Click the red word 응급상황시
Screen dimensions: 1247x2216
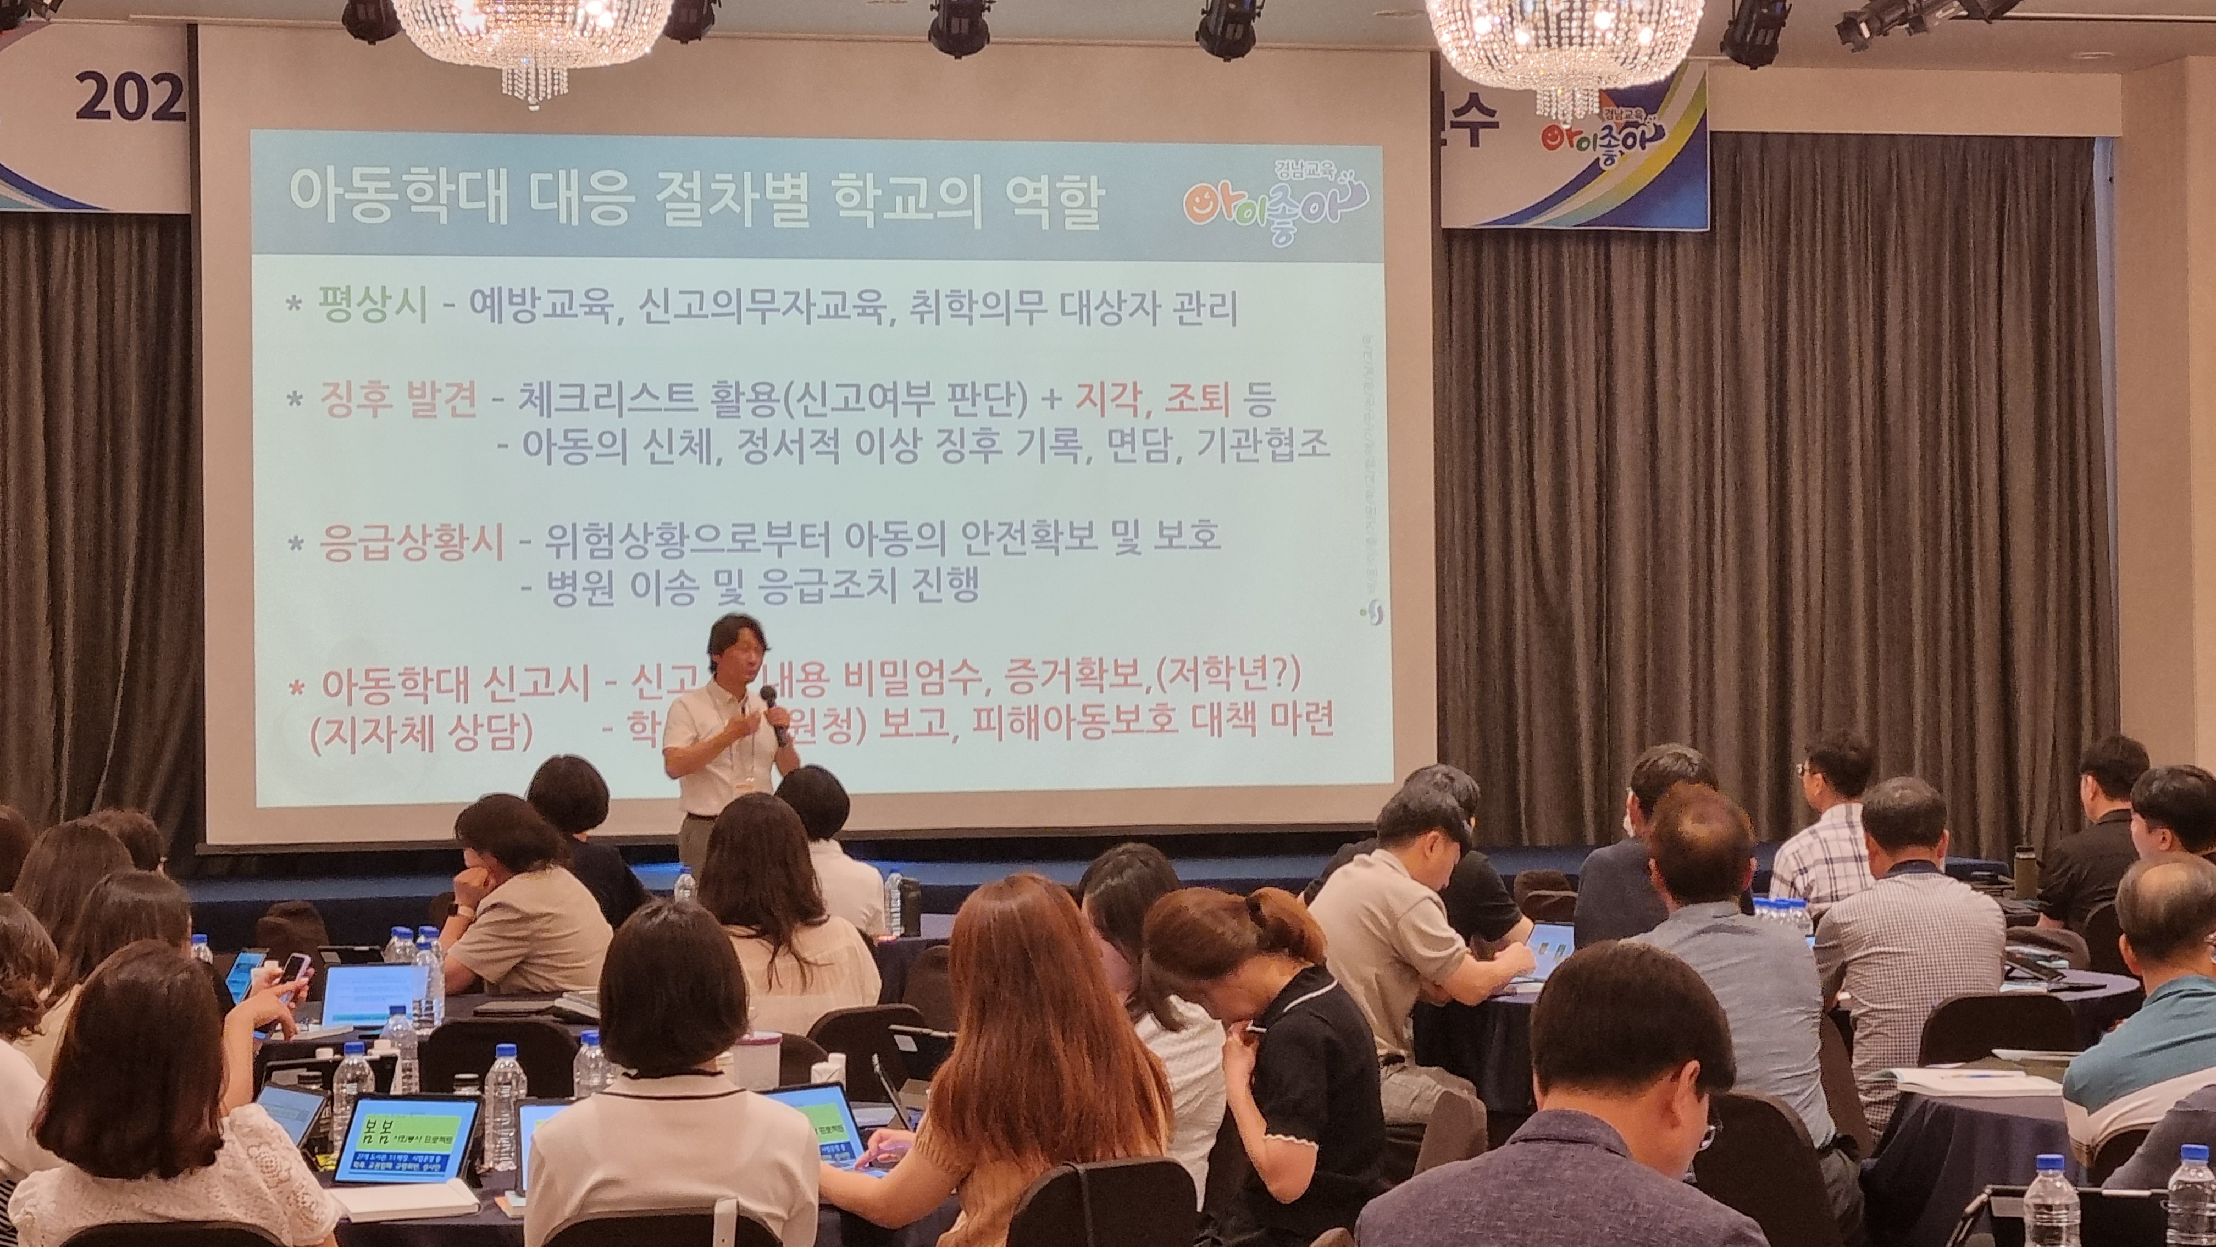[x=412, y=542]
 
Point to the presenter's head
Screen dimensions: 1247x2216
[x=735, y=645]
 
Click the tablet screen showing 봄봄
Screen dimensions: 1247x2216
[x=405, y=1136]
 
